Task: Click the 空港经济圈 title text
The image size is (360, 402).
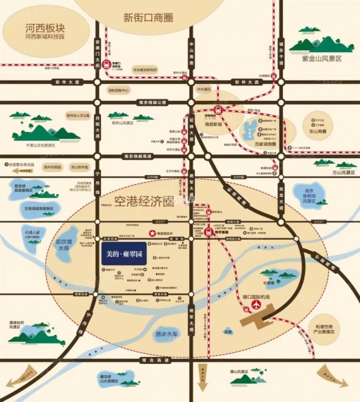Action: coord(144,201)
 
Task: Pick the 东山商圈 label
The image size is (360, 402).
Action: coord(316,131)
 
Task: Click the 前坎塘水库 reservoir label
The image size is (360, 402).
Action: coord(64,244)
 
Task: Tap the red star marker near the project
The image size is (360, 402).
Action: coord(150,233)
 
